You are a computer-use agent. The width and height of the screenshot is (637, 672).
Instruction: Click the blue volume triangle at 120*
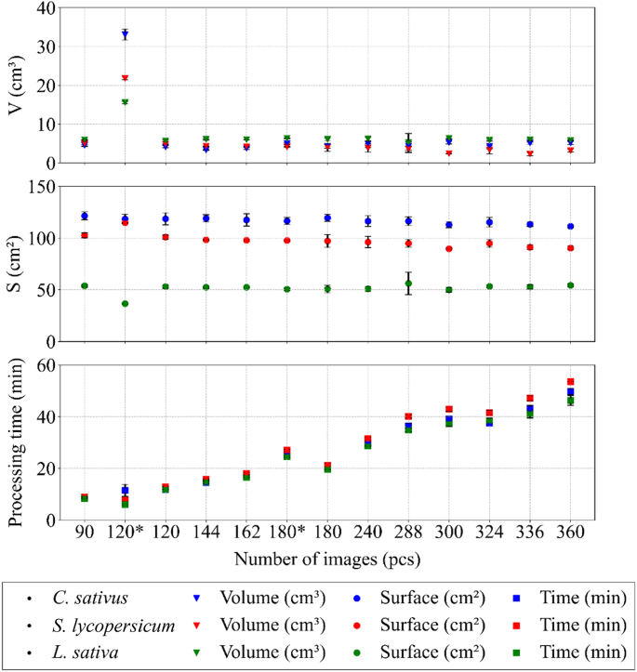(125, 34)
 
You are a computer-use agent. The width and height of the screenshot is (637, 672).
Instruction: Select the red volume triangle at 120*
(125, 78)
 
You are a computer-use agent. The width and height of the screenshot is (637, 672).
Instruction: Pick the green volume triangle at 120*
(125, 102)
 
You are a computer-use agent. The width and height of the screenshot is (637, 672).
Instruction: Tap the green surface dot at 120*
(125, 304)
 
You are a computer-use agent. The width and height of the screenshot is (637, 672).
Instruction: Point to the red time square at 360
(570, 382)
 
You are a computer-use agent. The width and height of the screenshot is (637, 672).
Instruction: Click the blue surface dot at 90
(85, 216)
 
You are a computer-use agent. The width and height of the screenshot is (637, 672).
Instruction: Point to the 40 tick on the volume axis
(43, 8)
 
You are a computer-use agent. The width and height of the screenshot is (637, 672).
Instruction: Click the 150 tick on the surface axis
(38, 188)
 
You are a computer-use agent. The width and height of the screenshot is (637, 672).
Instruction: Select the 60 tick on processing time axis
(43, 365)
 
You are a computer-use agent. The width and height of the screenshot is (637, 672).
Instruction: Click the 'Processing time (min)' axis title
(15, 441)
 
